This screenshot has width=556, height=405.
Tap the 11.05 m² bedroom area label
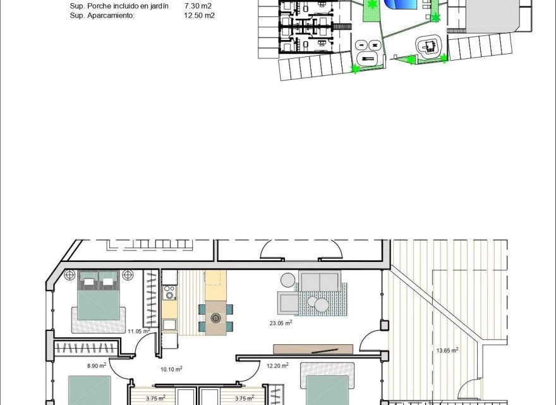tap(138, 331)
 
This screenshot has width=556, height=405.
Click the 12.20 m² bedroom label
tap(277, 365)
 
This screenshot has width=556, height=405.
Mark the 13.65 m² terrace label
tap(447, 350)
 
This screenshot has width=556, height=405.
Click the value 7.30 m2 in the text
tap(197, 6)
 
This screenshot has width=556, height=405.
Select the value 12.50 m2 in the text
tap(199, 15)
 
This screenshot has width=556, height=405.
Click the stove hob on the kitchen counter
tap(169, 293)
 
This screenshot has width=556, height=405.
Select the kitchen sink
tap(169, 325)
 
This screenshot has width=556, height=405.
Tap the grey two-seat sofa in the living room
tap(320, 280)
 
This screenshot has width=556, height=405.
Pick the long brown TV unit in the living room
tap(313, 349)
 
